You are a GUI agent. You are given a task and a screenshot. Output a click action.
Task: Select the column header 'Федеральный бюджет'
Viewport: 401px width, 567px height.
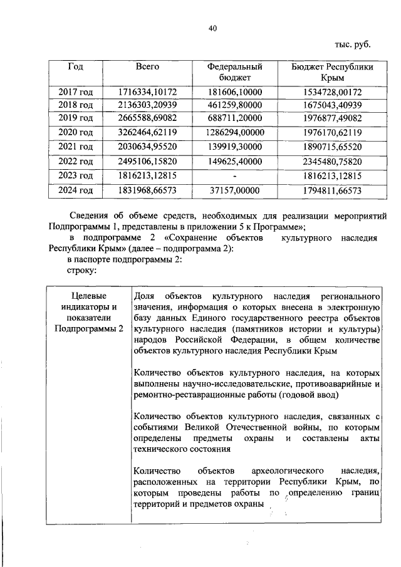tap(234, 71)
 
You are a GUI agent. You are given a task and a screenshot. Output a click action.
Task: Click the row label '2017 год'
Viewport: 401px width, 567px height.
tap(76, 91)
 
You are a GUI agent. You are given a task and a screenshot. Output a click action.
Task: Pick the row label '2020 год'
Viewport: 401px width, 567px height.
tap(76, 132)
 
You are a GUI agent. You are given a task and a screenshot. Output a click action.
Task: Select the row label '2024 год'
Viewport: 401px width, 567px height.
tap(76, 190)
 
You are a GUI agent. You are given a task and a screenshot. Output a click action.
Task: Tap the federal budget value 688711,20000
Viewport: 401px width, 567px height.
tap(234, 117)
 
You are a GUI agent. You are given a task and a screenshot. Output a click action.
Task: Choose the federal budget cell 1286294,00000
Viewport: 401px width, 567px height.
tap(234, 132)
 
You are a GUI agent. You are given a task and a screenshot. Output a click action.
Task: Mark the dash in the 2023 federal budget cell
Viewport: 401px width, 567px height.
tap(234, 175)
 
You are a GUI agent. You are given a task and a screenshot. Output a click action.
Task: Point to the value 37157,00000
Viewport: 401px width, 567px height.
tap(234, 190)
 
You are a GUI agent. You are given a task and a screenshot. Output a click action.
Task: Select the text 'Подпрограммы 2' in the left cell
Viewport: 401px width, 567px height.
tap(88, 329)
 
